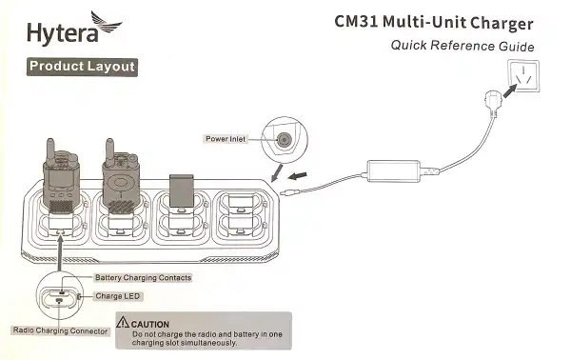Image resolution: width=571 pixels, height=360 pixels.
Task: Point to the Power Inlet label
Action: [x=226, y=138]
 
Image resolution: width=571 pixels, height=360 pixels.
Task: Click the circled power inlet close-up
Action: [x=283, y=138]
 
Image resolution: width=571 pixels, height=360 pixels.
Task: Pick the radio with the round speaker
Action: [x=121, y=185]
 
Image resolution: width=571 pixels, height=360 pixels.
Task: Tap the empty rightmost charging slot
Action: [x=245, y=224]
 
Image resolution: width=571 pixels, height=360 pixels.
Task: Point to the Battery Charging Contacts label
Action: [x=144, y=277]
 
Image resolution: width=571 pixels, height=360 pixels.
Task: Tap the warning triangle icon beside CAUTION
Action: [x=125, y=324]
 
